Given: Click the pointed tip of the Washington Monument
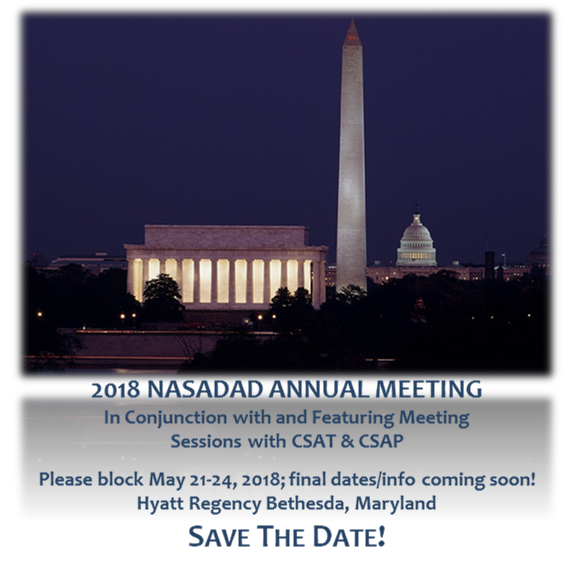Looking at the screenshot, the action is tap(352, 21).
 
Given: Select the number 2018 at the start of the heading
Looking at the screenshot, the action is tap(116, 390).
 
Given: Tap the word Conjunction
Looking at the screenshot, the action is tap(176, 418).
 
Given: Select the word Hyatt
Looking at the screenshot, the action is tap(160, 504).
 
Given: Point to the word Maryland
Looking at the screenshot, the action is tap(396, 504).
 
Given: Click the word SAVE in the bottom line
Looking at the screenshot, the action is tap(219, 537).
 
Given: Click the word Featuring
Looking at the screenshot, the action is tap(353, 418).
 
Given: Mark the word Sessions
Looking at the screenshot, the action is tap(206, 441).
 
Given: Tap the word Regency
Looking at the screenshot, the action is tap(224, 504).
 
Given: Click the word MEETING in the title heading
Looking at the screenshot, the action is tap(428, 390).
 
